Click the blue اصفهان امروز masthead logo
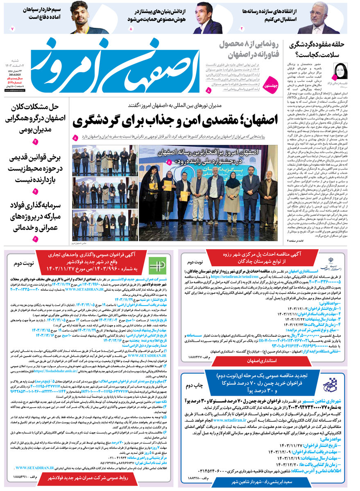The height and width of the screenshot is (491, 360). tap(119, 65)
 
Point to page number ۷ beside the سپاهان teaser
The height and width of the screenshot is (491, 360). tap(12, 29)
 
